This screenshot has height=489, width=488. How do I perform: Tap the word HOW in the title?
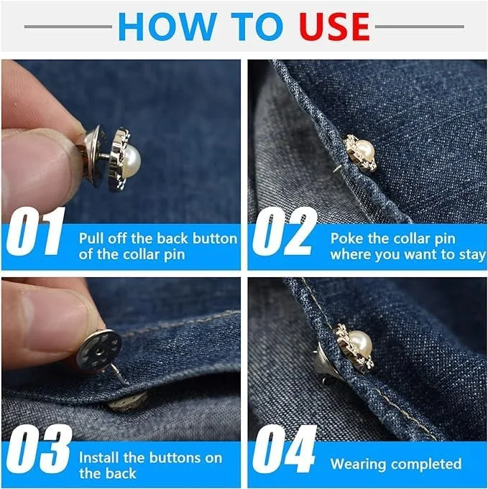pos(167,27)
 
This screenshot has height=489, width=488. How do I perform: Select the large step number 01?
pos(35,231)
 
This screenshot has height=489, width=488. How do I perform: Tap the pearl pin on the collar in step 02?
pos(361,153)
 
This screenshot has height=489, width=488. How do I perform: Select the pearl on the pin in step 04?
pos(359,345)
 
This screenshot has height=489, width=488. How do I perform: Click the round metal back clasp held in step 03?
pos(99,350)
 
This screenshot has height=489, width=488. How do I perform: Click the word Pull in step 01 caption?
pos(91,238)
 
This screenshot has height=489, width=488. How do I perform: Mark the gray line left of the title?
pos(68,27)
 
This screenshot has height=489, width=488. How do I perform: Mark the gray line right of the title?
pos(419,27)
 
